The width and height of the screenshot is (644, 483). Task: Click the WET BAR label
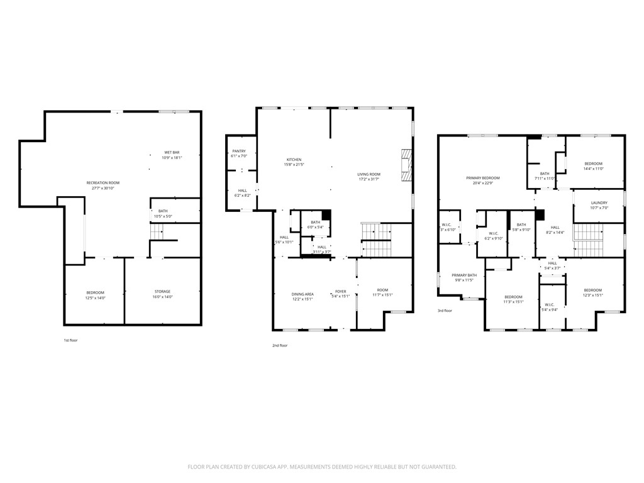(172, 152)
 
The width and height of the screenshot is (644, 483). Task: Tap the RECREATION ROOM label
(103, 182)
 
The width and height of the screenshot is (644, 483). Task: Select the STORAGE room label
(163, 291)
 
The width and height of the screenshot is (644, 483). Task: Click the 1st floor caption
(70, 340)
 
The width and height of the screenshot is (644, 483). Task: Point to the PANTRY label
(239, 151)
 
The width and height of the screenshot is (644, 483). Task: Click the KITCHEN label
(294, 160)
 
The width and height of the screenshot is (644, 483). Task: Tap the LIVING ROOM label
(369, 174)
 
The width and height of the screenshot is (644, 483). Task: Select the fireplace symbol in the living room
(406, 165)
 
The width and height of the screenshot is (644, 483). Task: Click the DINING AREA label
(302, 294)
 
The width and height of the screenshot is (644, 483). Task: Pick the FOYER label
(340, 291)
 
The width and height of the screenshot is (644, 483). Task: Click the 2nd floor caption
(280, 345)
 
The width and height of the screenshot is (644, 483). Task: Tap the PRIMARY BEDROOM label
(482, 178)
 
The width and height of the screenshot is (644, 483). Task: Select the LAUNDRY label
(599, 203)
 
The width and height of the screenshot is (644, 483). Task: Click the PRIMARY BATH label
(464, 275)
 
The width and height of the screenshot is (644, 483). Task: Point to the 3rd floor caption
(445, 311)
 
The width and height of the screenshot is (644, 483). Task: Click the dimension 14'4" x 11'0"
(593, 169)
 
